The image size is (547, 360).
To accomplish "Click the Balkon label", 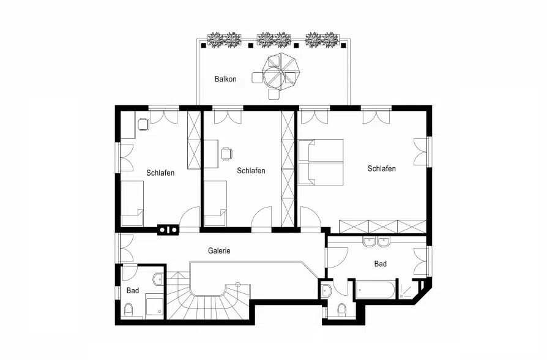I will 225,79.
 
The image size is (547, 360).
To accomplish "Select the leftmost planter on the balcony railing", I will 223,40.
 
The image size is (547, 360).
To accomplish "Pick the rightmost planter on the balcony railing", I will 322,40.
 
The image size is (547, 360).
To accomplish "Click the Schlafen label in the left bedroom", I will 160,173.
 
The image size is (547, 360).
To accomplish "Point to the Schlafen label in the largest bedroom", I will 381,168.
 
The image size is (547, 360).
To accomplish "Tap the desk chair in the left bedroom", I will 143,124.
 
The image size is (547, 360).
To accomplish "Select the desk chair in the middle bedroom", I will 226,154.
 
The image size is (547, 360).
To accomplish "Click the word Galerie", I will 219,250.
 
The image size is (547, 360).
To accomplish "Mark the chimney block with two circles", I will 168,230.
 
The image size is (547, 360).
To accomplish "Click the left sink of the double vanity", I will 369,241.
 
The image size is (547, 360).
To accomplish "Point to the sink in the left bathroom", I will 158,279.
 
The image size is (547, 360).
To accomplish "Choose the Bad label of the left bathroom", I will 133,290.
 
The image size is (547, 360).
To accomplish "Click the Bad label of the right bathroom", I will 381,264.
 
